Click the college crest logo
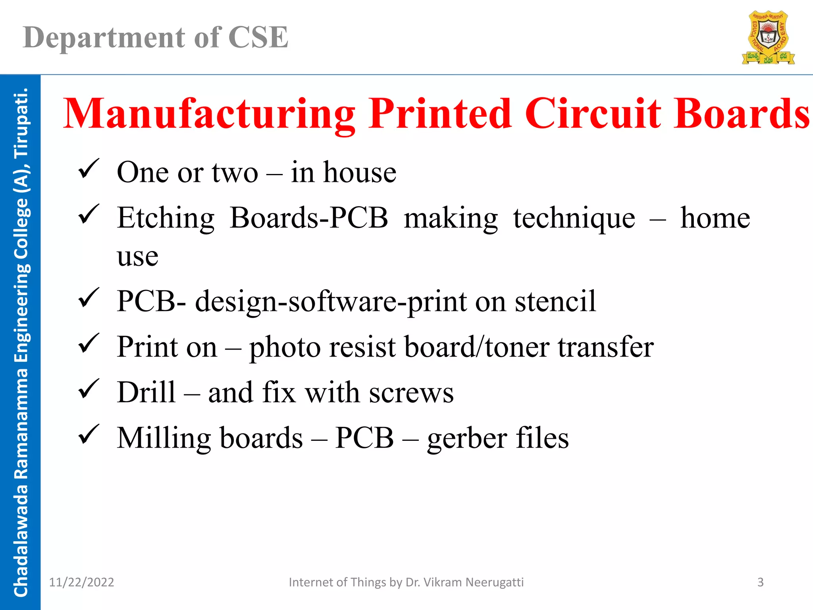pyautogui.click(x=768, y=38)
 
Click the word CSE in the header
pyautogui.click(x=258, y=38)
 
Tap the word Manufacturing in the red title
pyautogui.click(x=209, y=114)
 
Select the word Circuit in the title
pyautogui.click(x=593, y=114)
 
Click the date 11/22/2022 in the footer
pyautogui.click(x=81, y=582)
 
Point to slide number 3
pyautogui.click(x=760, y=582)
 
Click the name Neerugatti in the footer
pyautogui.click(x=494, y=582)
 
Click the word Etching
pyautogui.click(x=166, y=218)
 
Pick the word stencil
pyautogui.click(x=555, y=301)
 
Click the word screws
pyautogui.click(x=411, y=393)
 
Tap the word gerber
pyautogui.click(x=467, y=438)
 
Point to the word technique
pyautogui.click(x=574, y=218)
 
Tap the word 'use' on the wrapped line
pyautogui.click(x=137, y=256)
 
